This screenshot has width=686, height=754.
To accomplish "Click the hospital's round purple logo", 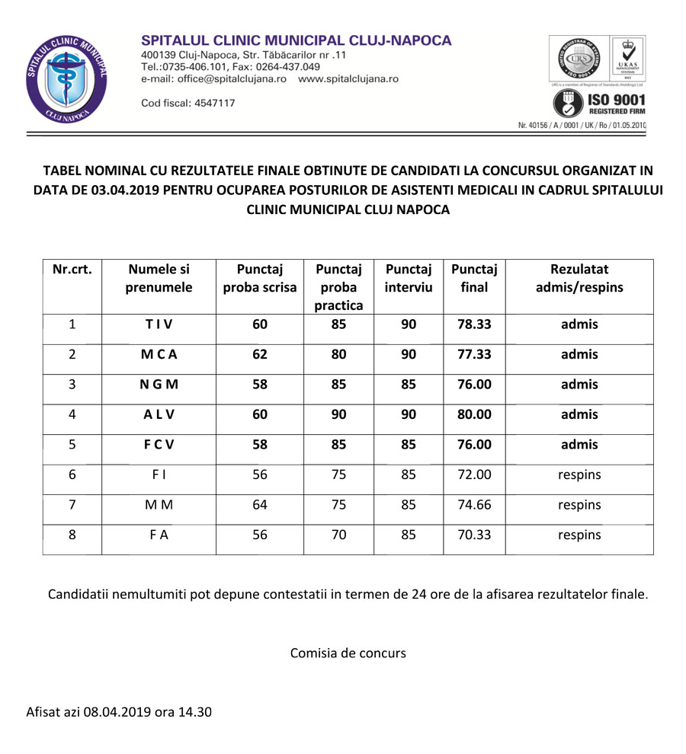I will (x=66, y=79).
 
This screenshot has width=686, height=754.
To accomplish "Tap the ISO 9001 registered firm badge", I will (x=599, y=103).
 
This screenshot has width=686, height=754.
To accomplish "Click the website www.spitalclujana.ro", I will (x=348, y=78).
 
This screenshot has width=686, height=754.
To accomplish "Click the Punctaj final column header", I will (x=474, y=279).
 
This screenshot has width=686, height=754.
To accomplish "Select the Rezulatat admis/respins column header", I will (x=579, y=279).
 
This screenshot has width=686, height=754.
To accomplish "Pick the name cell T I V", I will (x=159, y=324).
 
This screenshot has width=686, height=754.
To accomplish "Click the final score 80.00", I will (x=474, y=415).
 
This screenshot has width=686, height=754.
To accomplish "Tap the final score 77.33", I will (x=474, y=355).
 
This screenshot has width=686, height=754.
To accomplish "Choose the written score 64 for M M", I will (x=260, y=505).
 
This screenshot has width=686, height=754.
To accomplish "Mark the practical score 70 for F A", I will (x=339, y=535).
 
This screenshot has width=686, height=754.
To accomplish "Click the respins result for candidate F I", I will (x=579, y=475).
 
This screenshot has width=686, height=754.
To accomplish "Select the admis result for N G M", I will (x=579, y=385).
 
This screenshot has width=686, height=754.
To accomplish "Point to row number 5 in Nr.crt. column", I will (x=72, y=445).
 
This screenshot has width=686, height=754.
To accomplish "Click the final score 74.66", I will (x=474, y=505).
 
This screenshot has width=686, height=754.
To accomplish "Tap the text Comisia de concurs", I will (x=348, y=653).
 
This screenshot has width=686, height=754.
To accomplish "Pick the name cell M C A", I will (x=159, y=355).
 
